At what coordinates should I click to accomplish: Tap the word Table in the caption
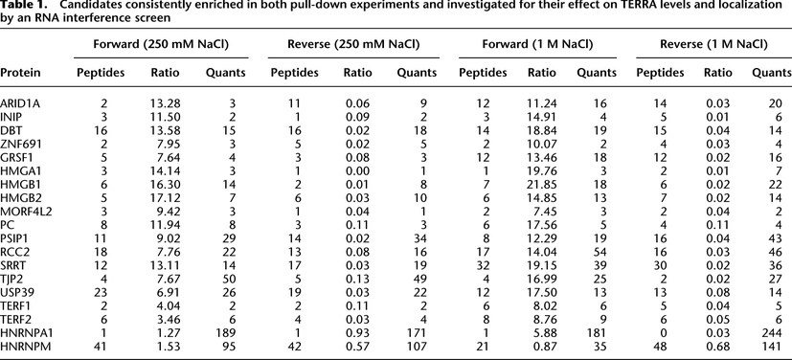pyautogui.click(x=16, y=8)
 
